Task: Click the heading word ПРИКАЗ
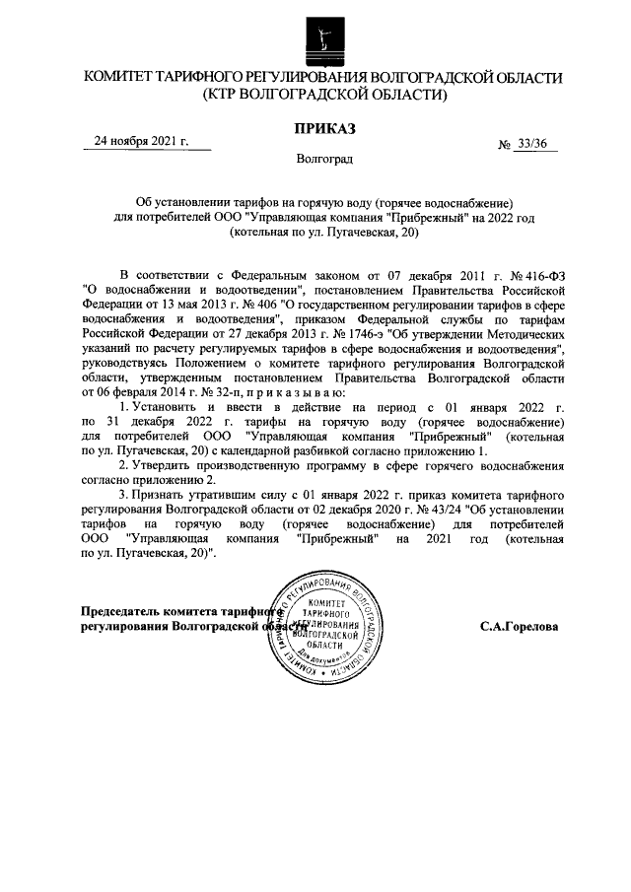(324, 128)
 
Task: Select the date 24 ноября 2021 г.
(140, 141)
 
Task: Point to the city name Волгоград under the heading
(324, 158)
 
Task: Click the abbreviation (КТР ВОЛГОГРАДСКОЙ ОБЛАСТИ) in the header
(324, 96)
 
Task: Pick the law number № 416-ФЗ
(503, 275)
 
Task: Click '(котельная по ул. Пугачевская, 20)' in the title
(324, 233)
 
